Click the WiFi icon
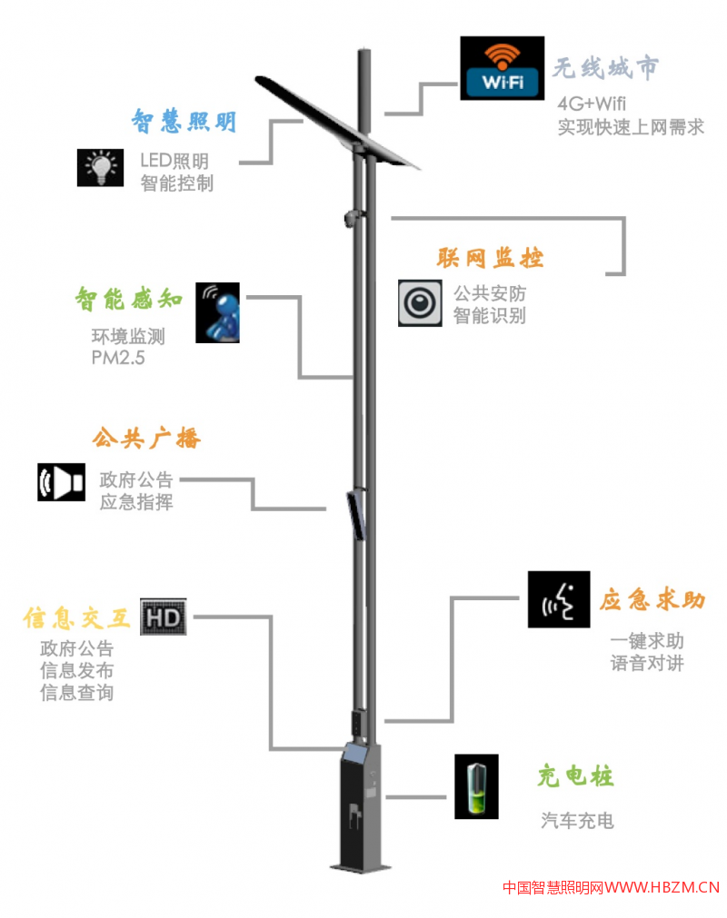click(502, 68)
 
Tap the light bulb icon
click(100, 166)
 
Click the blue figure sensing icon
click(222, 311)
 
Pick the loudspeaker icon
click(61, 482)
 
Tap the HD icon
click(164, 617)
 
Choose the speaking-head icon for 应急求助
click(559, 599)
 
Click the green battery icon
click(477, 786)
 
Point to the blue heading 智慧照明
click(185, 121)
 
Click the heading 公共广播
click(146, 439)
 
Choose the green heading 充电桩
click(575, 776)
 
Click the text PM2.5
click(118, 358)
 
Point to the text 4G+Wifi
click(593, 103)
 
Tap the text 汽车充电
click(577, 821)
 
